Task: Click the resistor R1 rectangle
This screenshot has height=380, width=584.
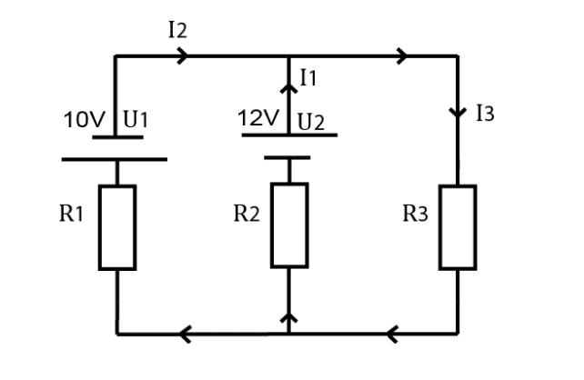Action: click(117, 227)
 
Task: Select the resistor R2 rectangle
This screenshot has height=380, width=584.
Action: click(289, 225)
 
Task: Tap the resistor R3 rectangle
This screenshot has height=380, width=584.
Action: click(458, 227)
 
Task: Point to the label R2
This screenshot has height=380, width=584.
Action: click(247, 215)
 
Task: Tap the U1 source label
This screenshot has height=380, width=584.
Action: click(136, 120)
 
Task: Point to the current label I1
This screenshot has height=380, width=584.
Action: click(308, 79)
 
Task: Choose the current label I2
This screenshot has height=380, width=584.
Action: click(178, 29)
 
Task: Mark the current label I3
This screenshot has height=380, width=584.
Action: click(486, 115)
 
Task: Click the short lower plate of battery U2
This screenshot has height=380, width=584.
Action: click(287, 157)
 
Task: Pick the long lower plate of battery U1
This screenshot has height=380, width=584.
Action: click(115, 159)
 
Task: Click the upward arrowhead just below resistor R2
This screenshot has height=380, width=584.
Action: click(289, 317)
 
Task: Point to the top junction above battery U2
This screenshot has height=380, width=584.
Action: click(289, 56)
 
